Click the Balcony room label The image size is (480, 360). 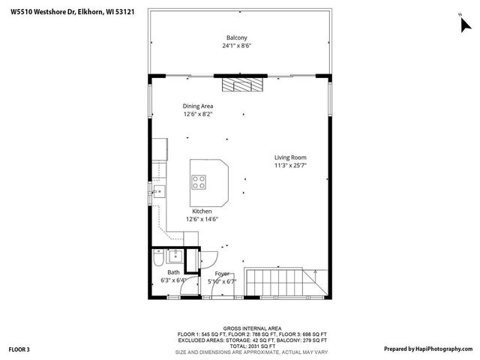[237, 37]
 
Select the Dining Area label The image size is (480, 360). [198, 106]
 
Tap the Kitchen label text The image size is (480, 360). [202, 211]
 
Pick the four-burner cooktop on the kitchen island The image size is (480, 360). [199, 180]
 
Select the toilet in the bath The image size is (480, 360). [157, 259]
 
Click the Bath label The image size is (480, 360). [173, 272]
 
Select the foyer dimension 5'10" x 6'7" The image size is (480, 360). [222, 281]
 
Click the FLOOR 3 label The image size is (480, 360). [19, 349]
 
